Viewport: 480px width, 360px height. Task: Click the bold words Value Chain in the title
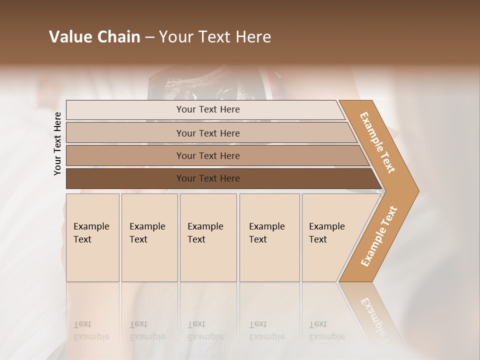[x=94, y=37]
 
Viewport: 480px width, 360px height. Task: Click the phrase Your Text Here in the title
[x=215, y=37]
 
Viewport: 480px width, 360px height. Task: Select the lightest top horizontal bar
[x=125, y=110]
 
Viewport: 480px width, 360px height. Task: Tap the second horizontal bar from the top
[x=125, y=133]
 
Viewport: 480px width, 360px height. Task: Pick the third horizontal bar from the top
[x=125, y=155]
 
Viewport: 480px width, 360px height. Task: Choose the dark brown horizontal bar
[x=125, y=178]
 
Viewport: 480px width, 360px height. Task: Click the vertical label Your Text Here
[x=57, y=143]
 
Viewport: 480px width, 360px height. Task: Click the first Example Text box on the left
[x=92, y=260]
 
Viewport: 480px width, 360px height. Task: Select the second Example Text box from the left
[x=149, y=260]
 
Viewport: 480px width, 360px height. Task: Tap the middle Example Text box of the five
[x=208, y=260]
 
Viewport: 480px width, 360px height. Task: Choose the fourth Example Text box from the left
[x=269, y=260]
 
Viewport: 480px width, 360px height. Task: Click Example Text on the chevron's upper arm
[x=377, y=142]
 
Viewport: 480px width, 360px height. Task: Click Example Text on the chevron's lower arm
[x=379, y=236]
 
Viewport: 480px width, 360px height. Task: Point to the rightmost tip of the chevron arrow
[x=418, y=191]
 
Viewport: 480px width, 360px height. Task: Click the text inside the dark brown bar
[x=208, y=178]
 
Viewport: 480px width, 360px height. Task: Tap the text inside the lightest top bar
[x=208, y=109]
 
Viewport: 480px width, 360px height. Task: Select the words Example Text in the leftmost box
[x=91, y=233]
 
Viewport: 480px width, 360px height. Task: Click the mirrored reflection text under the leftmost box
[x=91, y=330]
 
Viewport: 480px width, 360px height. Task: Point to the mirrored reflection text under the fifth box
[x=326, y=330]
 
